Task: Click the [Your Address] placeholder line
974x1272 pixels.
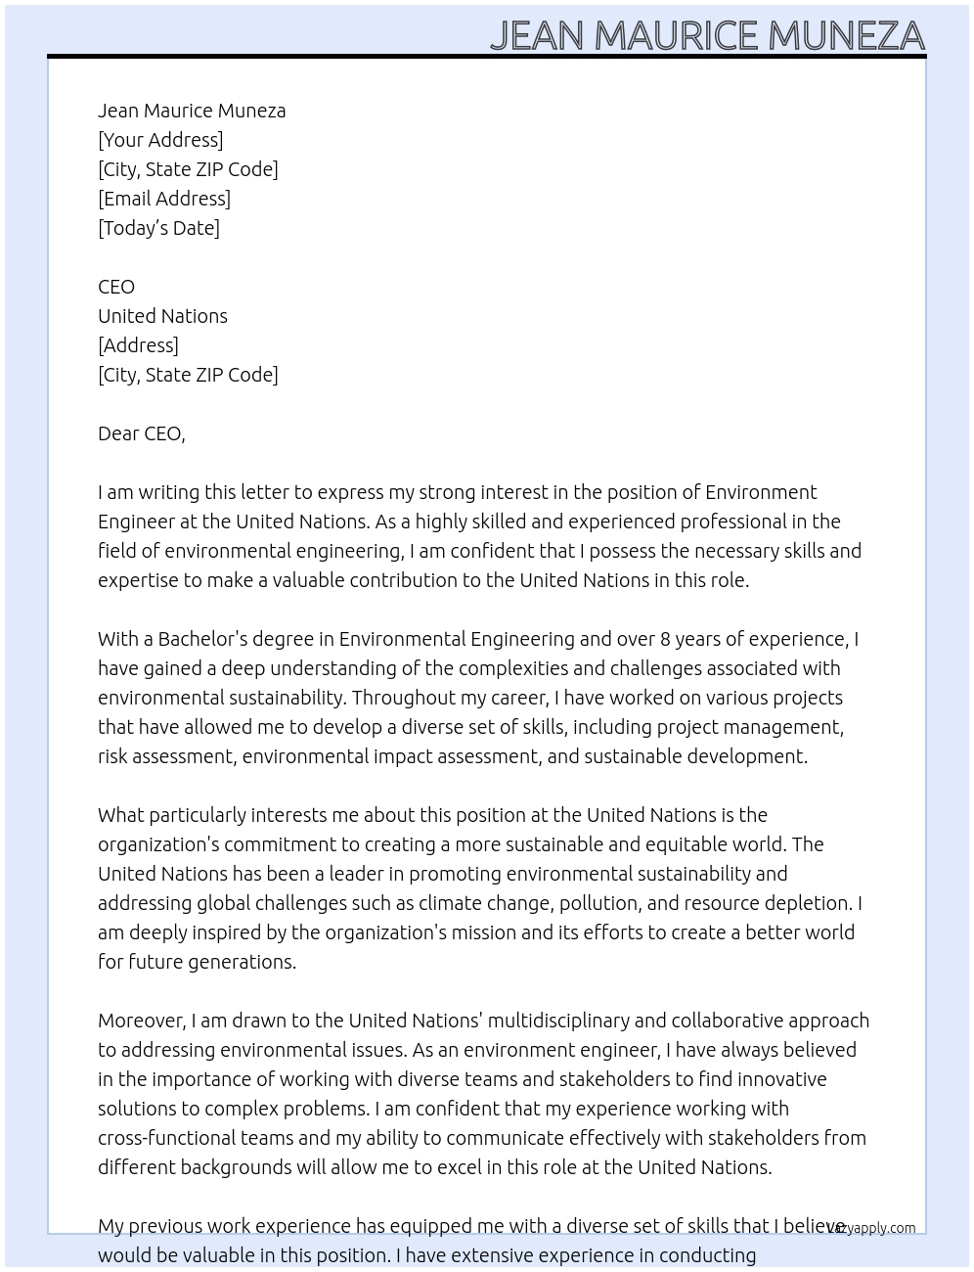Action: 160,140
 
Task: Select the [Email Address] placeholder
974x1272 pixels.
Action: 164,199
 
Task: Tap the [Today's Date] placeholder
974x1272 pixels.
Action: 158,228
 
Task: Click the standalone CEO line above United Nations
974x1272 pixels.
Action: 116,287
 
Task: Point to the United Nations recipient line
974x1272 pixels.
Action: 162,316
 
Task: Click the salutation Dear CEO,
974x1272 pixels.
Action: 141,433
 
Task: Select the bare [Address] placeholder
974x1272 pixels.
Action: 138,345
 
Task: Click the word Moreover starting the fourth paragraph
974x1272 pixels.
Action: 141,1021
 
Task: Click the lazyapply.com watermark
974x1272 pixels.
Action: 872,1228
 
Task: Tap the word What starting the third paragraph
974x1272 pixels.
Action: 120,815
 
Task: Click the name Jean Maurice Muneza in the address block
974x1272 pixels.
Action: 192,111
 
